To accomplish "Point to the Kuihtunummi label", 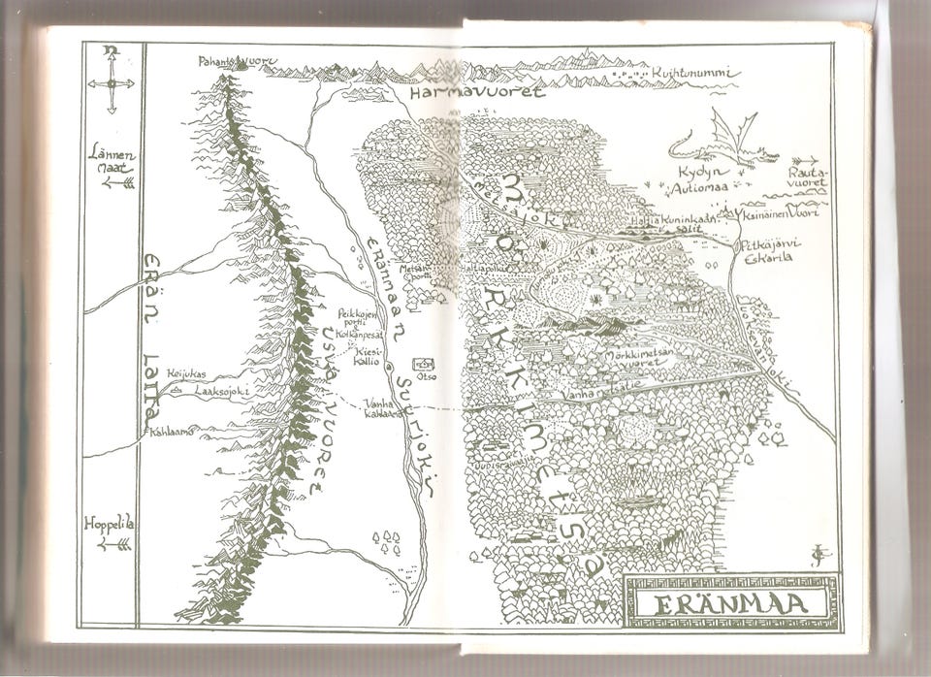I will pos(694,73).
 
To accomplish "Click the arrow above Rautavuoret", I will pos(804,161).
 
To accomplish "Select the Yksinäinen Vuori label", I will pos(781,212).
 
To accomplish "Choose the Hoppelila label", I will pos(109,525).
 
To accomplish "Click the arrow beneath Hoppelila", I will pos(114,544).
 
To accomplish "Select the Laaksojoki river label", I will pos(222,392).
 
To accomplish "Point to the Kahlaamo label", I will pos(171,431).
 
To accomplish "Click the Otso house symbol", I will pos(424,365).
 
